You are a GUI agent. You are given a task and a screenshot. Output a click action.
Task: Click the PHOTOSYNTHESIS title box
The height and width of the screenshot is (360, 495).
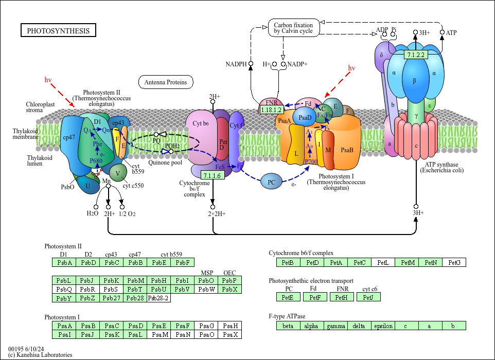click(58, 31)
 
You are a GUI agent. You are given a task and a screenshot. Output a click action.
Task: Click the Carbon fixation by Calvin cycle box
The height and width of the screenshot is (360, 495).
click(293, 28)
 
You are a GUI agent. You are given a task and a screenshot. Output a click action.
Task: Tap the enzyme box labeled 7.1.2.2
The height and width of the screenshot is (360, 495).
click(415, 55)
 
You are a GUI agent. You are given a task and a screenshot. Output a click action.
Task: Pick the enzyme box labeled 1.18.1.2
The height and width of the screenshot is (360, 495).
click(271, 110)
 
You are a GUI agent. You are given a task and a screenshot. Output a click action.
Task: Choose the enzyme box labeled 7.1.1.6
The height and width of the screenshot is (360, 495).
click(212, 176)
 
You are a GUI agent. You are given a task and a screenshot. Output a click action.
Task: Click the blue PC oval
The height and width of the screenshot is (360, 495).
click(271, 182)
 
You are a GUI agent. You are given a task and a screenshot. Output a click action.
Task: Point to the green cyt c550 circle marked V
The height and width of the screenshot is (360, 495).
click(118, 173)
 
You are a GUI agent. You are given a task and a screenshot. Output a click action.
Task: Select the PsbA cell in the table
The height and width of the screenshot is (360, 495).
click(64, 263)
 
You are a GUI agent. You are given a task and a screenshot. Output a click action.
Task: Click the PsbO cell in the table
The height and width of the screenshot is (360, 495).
click(206, 280)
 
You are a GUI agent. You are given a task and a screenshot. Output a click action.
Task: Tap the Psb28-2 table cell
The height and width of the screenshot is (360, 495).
click(158, 298)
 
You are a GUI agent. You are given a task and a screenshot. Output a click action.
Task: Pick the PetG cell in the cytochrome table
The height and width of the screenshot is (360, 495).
click(454, 263)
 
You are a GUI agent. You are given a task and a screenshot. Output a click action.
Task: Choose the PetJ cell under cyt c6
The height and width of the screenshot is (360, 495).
click(368, 297)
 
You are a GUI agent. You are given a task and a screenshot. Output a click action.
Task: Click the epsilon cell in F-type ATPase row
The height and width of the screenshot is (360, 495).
click(383, 326)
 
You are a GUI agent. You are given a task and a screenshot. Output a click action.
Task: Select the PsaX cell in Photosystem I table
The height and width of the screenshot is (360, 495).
click(229, 334)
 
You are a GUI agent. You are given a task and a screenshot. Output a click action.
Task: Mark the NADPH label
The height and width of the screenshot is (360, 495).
click(236, 64)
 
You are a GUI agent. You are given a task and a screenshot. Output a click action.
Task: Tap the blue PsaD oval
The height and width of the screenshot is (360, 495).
click(305, 117)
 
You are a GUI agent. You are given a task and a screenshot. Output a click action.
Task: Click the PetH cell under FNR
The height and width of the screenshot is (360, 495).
click(342, 297)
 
